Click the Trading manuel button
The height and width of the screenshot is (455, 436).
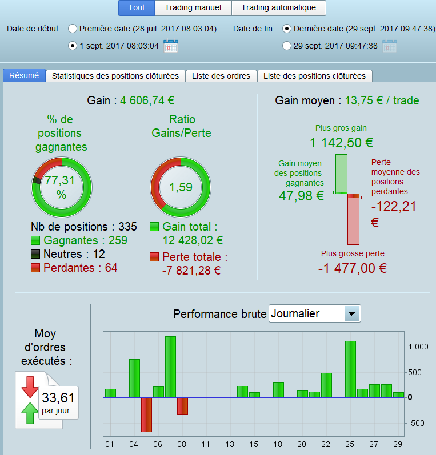click(193, 8)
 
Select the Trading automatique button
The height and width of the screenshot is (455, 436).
click(278, 8)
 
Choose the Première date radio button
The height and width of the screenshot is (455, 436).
click(73, 29)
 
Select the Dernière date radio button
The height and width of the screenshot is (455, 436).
click(287, 29)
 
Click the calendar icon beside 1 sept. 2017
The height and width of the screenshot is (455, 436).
click(170, 46)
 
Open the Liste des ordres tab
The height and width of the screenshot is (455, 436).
click(221, 76)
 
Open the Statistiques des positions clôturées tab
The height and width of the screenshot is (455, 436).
click(115, 76)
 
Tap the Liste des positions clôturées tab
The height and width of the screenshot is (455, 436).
click(314, 76)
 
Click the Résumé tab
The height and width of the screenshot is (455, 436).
click(25, 75)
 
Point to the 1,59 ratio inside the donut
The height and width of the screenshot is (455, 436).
click(181, 187)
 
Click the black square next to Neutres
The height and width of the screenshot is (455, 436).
click(35, 255)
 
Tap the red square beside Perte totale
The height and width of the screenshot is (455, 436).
click(154, 257)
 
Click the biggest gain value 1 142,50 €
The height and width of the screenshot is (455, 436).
click(341, 143)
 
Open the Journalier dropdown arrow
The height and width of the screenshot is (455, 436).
click(352, 313)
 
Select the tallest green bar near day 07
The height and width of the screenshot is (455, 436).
click(170, 367)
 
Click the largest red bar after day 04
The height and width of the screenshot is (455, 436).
click(146, 414)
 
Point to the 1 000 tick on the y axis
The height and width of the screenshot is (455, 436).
click(418, 347)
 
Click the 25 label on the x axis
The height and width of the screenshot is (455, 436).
click(350, 444)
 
